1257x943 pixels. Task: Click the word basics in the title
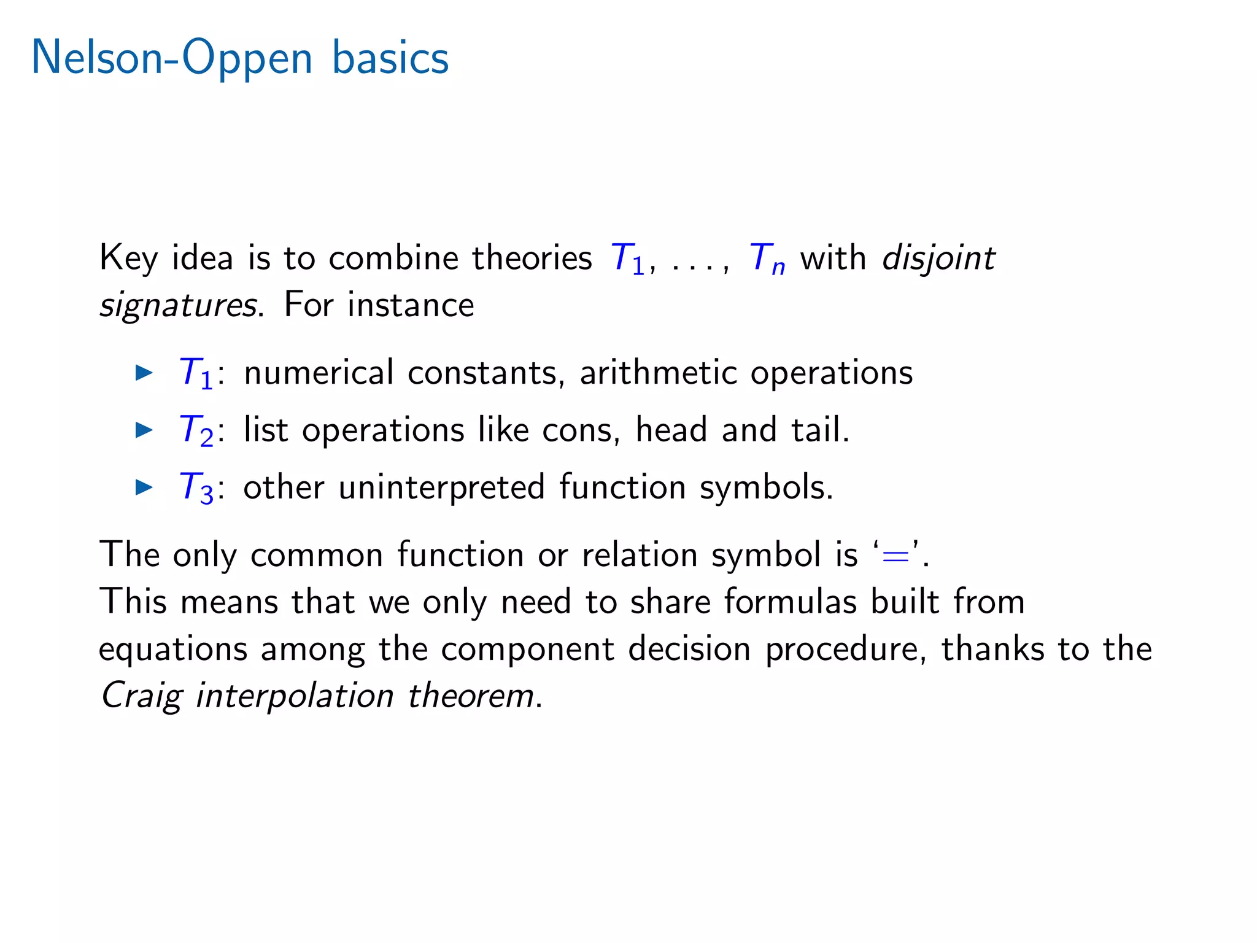tap(390, 58)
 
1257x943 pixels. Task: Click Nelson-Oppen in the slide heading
tap(172, 58)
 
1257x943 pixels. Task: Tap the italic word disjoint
tap(938, 258)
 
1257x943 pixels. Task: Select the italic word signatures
tap(178, 305)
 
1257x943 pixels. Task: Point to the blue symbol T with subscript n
tap(767, 258)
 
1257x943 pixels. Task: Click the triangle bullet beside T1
tap(144, 372)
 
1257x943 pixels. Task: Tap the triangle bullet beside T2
tap(144, 429)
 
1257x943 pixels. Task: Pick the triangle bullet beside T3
tap(144, 487)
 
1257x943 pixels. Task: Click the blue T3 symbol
tap(196, 488)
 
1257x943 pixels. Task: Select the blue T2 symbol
tap(196, 430)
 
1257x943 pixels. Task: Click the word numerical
tap(319, 373)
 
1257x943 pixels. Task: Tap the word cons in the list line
tap(577, 430)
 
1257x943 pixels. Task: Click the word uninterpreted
tap(441, 488)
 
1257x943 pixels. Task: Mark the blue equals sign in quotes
tap(895, 555)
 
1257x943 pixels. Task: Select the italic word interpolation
tap(295, 697)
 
